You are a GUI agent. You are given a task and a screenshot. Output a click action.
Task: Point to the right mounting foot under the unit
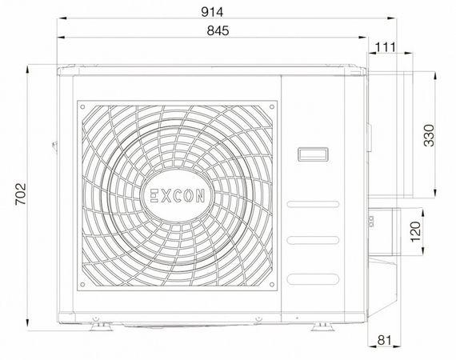pyautogui.click(x=326, y=324)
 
